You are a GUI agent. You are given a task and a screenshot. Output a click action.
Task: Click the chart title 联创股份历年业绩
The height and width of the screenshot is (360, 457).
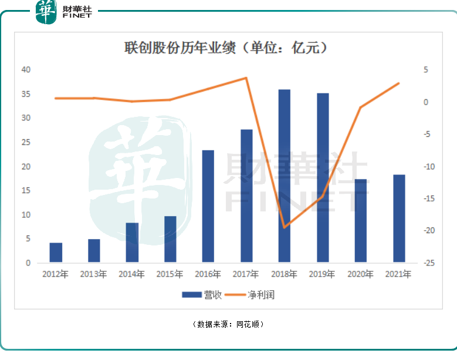[x=225, y=48]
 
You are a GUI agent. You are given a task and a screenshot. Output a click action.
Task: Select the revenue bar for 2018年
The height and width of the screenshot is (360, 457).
[x=285, y=176]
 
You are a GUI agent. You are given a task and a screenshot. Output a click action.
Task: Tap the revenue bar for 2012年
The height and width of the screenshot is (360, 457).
[x=56, y=252]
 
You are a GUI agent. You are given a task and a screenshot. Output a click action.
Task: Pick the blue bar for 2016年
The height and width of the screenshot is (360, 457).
[x=208, y=206]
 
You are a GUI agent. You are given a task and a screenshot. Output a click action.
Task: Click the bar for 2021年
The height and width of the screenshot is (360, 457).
[x=399, y=218]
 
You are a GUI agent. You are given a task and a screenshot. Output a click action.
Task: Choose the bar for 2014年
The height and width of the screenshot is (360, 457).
[x=132, y=242]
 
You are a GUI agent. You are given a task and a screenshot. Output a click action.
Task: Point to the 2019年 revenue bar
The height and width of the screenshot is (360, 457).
[x=323, y=177]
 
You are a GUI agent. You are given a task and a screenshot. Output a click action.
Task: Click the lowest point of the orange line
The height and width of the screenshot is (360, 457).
[x=285, y=227]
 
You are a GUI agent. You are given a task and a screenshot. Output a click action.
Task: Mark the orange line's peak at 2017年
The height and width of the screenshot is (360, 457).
[x=246, y=78]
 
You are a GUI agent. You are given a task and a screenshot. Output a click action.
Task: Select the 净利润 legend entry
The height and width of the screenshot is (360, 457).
[x=253, y=295]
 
